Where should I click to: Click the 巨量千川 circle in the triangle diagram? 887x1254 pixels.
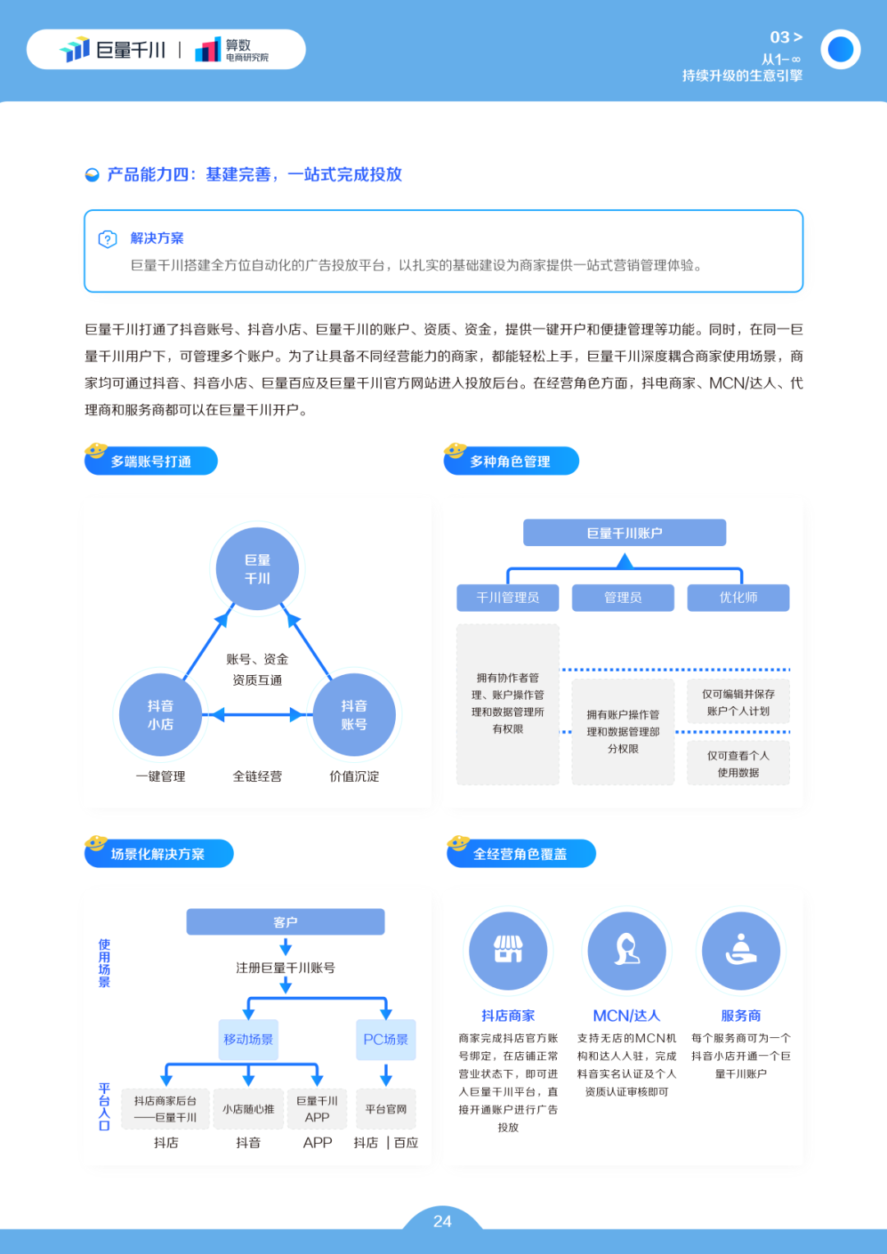tap(257, 568)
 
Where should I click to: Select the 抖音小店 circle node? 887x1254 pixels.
tap(160, 714)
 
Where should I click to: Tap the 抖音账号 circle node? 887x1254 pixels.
tap(354, 714)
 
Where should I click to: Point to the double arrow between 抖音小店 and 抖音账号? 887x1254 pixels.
tap(257, 714)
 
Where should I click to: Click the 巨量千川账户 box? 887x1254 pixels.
tap(624, 532)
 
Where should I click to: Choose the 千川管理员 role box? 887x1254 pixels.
tap(508, 597)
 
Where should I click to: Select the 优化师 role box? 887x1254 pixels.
tap(738, 597)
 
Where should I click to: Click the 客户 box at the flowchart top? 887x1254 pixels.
tap(285, 921)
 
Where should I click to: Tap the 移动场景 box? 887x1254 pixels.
tap(248, 1039)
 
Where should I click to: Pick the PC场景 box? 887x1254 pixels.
tap(386, 1039)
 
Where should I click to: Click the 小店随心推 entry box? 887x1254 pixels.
tap(248, 1109)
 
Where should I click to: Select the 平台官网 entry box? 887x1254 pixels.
tap(386, 1109)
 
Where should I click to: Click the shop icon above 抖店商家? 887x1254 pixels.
tap(508, 951)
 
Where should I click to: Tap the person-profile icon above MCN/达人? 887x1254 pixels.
tap(627, 951)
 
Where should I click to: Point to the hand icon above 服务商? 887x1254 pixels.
tap(741, 951)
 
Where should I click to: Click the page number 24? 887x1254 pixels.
tap(443, 1221)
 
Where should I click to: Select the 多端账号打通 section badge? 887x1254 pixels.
tap(150, 460)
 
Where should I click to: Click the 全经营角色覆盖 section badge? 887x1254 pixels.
tap(521, 852)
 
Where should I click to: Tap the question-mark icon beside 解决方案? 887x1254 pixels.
tap(108, 239)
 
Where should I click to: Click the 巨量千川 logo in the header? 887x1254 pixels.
tap(113, 49)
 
